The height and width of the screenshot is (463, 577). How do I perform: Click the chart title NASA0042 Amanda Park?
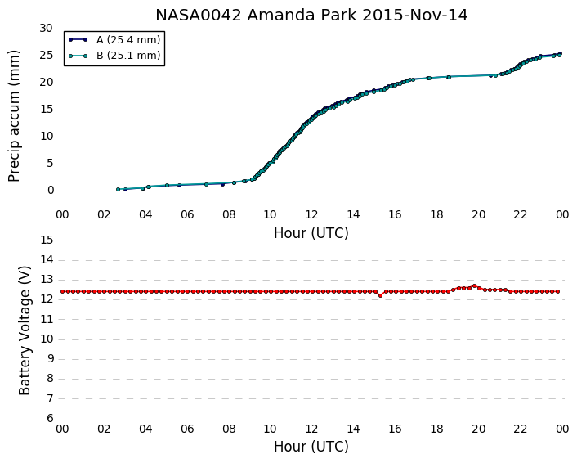coord(257,16)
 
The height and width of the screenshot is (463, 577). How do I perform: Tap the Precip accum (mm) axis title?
coord(14,116)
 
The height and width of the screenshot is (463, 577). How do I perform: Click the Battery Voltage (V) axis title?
coord(25,330)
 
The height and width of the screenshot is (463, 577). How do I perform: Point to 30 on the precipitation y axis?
coord(47,29)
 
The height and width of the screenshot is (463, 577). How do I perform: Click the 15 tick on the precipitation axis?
coord(47,110)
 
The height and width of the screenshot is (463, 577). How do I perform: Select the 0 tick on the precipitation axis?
coord(51,191)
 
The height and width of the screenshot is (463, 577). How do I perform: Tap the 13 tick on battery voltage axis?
coord(47,280)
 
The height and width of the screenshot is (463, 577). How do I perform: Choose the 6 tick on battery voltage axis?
coord(51,418)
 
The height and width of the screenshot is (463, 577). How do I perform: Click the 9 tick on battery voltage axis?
coord(51,359)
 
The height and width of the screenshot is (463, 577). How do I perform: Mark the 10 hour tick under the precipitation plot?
coord(270,214)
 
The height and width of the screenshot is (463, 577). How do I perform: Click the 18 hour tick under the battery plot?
coord(436,429)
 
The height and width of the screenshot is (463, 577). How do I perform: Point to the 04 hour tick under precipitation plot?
coord(145,214)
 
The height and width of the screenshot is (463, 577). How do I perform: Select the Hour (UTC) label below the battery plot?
coord(311,447)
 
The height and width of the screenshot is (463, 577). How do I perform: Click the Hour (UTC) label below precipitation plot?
coord(311,233)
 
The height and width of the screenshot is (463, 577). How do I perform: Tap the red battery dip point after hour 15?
coord(381,295)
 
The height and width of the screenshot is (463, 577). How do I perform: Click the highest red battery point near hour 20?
coord(474,285)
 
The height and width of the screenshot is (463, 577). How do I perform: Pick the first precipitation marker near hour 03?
coord(119,189)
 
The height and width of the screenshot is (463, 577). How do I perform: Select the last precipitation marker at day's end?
coord(560,54)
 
